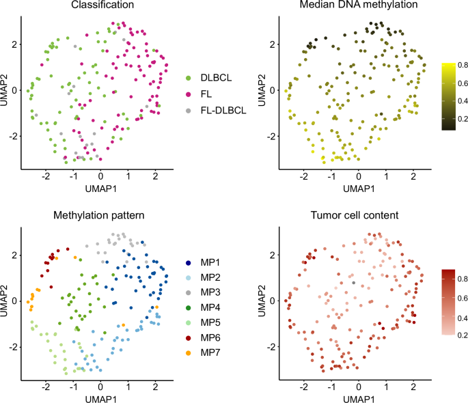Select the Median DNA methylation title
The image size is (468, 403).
click(x=354, y=7)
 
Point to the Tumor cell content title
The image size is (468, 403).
click(x=354, y=217)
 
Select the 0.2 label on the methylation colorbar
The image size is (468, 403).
click(x=462, y=124)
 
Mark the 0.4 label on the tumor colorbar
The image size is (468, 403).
click(x=462, y=318)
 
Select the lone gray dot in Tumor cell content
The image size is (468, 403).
click(x=353, y=282)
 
